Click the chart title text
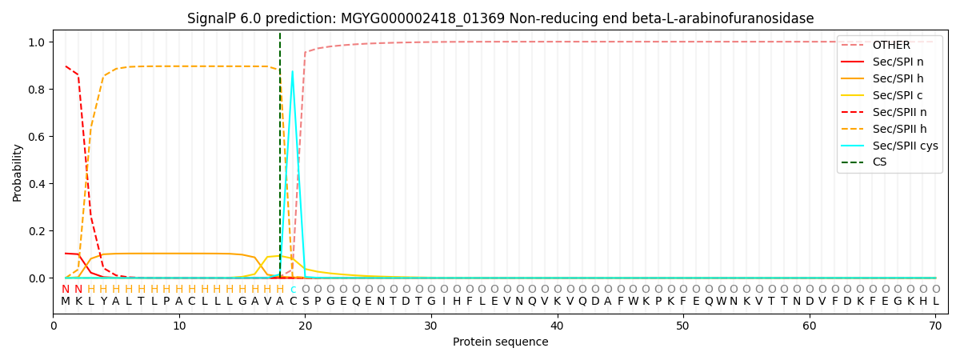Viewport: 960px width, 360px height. [500, 18]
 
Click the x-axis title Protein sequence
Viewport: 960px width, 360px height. [500, 342]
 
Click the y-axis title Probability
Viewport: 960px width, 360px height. [18, 172]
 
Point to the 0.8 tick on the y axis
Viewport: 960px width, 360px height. [36, 89]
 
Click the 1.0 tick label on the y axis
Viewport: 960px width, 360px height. [36, 42]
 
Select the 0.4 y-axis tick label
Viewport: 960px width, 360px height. [36, 184]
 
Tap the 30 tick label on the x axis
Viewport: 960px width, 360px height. [431, 326]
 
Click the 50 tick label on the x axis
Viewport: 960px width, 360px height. [683, 326]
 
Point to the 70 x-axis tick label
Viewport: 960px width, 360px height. [935, 326]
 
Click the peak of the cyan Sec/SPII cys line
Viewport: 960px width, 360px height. [293, 72]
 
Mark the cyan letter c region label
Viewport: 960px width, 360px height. [293, 290]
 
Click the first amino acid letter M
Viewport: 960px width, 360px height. [66, 302]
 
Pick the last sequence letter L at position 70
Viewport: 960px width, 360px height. [935, 302]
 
